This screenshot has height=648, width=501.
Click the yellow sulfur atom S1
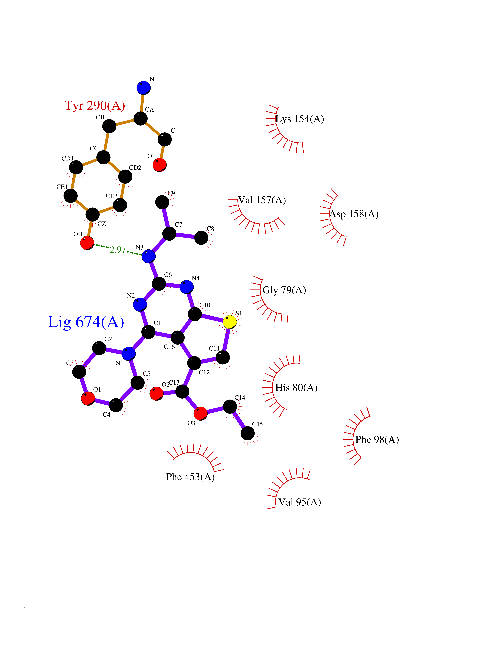(x=229, y=322)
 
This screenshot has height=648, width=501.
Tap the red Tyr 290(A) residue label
(x=95, y=105)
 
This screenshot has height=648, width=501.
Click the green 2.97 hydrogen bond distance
(x=118, y=250)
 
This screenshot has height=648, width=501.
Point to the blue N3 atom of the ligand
(x=148, y=256)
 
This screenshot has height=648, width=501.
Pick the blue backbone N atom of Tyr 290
(x=143, y=88)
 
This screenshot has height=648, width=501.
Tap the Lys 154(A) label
(x=300, y=119)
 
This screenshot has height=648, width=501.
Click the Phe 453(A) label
(x=190, y=477)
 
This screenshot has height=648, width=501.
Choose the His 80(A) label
(x=296, y=388)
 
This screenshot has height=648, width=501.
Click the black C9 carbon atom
(x=162, y=202)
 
